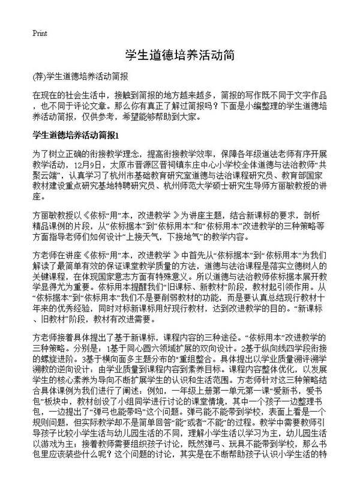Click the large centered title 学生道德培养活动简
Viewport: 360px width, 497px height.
tap(179, 55)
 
